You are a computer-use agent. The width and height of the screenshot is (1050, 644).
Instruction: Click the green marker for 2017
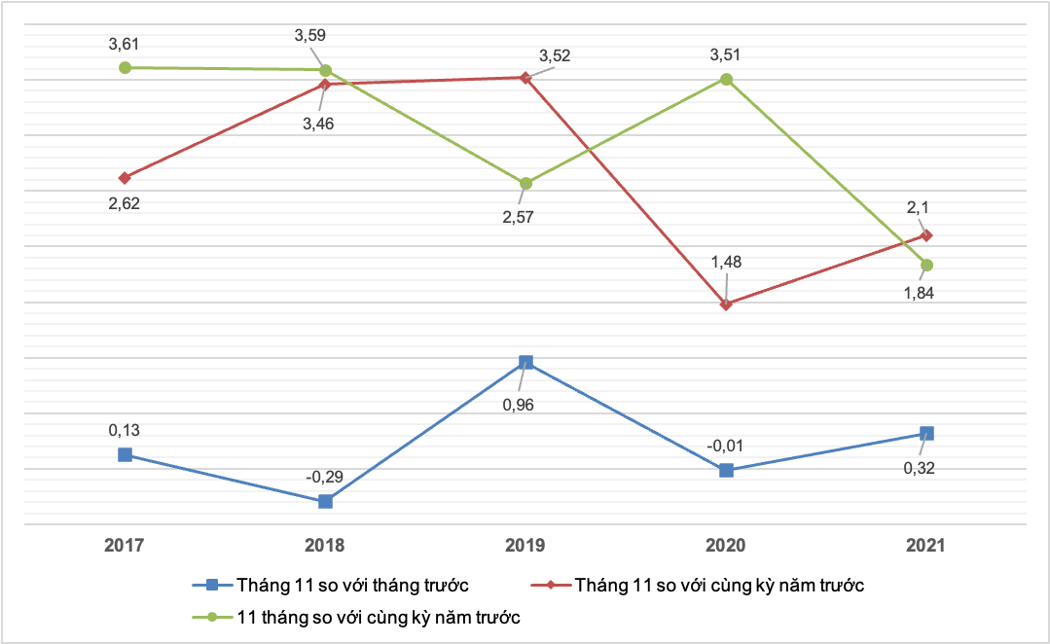[125, 67]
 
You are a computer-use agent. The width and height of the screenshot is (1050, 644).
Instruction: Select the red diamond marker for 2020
[726, 304]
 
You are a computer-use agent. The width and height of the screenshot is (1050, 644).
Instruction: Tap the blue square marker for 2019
[525, 362]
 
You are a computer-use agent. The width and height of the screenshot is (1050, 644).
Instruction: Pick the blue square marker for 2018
[325, 501]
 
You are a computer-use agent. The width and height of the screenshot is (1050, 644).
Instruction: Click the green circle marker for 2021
[926, 265]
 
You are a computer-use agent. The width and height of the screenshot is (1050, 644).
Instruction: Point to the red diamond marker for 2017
[125, 178]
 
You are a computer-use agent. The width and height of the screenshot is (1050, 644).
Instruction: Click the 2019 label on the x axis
[525, 546]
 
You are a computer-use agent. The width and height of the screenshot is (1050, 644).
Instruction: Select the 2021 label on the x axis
[926, 546]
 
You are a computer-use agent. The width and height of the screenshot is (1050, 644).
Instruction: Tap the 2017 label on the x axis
[125, 546]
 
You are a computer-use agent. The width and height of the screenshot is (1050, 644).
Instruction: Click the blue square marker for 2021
[926, 433]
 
